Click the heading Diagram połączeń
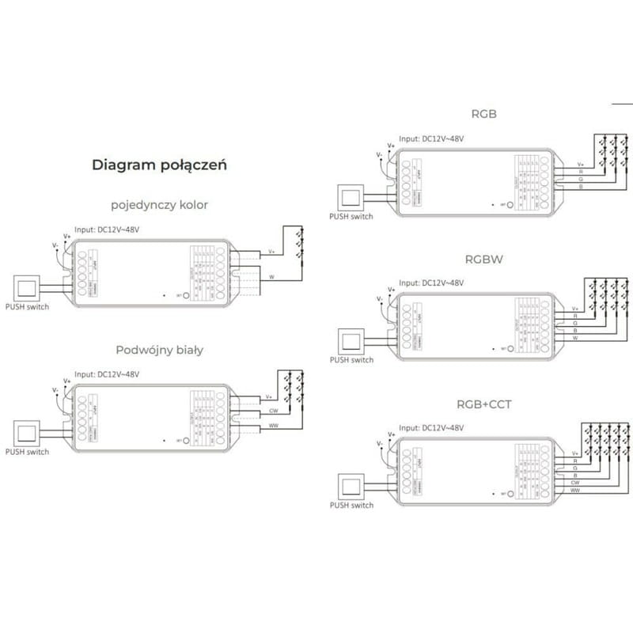[160, 165]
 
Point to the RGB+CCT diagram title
[483, 404]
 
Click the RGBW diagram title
[483, 259]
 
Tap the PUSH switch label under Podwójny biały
[27, 452]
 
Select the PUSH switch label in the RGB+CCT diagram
[351, 505]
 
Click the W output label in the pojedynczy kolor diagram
[271, 277]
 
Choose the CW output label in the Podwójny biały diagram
[272, 411]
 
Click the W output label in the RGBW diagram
[575, 338]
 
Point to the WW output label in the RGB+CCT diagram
[575, 492]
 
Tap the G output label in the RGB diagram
[580, 180]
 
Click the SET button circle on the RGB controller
[510, 203]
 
